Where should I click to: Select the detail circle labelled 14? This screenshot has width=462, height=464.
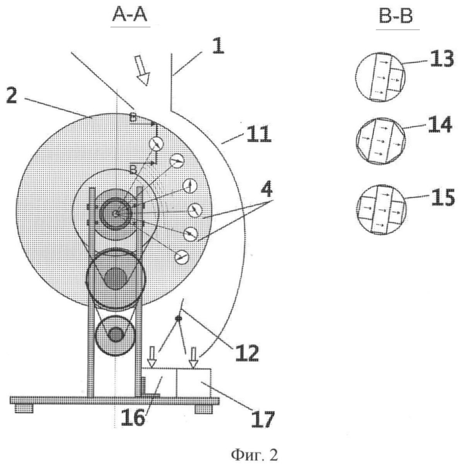381,141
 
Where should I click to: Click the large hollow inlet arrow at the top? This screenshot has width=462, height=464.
142,70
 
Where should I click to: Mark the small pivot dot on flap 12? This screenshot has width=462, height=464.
178,318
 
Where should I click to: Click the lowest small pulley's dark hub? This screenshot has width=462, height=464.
115,334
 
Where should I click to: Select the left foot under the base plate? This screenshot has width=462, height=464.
24,408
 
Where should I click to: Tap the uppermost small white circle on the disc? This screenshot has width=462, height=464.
156,144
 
